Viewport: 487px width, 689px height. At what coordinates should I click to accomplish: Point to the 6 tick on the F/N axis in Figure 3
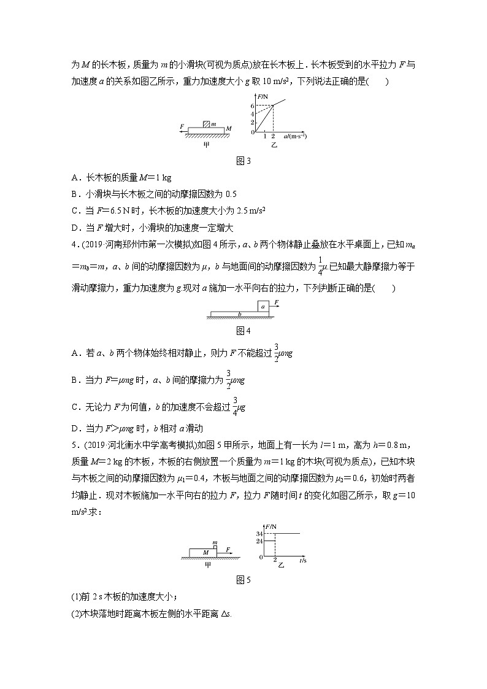pos(251,106)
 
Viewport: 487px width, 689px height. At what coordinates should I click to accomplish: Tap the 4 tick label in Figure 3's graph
pos(251,114)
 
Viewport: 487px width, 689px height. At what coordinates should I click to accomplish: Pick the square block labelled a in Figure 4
pos(263,306)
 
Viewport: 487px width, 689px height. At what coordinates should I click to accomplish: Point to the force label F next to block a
pos(277,302)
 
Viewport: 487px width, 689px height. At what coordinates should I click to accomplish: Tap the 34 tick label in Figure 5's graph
pos(259,534)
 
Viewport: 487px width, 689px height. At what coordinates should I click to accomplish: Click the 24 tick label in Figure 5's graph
pos(259,541)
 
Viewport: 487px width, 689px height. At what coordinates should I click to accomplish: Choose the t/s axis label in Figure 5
pos(303,561)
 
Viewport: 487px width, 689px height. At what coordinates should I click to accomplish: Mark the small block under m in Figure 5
pos(215,546)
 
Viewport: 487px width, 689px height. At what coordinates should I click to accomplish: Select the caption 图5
pos(243,579)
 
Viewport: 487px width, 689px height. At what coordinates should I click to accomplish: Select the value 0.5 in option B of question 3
pos(231,194)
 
